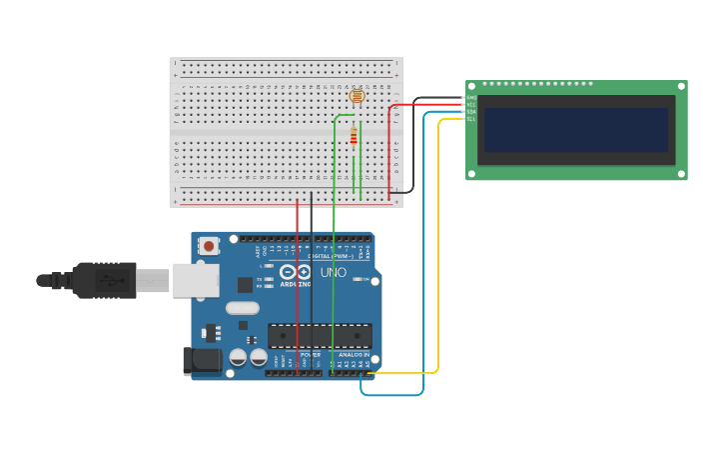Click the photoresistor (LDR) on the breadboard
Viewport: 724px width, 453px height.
(x=357, y=96)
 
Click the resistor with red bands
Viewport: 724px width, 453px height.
(x=354, y=137)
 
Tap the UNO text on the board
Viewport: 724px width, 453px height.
(x=334, y=272)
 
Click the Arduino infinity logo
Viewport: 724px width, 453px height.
(x=296, y=272)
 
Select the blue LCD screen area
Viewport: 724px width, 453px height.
(x=575, y=130)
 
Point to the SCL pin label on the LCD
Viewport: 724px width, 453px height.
(x=470, y=119)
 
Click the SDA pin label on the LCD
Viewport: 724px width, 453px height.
(x=470, y=112)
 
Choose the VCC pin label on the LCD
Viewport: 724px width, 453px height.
(x=470, y=105)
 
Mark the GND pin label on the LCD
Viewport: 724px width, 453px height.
(x=470, y=98)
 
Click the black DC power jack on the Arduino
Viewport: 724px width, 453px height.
(x=201, y=361)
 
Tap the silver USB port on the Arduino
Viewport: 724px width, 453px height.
(x=195, y=280)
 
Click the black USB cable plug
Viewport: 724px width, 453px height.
(x=104, y=281)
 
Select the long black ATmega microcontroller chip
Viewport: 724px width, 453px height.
(x=320, y=336)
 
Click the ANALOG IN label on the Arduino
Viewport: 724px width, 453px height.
(x=353, y=355)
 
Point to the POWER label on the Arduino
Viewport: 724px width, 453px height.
(x=311, y=355)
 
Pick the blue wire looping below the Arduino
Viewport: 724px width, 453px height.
(x=391, y=395)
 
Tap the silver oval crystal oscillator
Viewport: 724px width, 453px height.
(x=242, y=308)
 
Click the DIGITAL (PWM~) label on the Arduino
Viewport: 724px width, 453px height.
(x=319, y=256)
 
